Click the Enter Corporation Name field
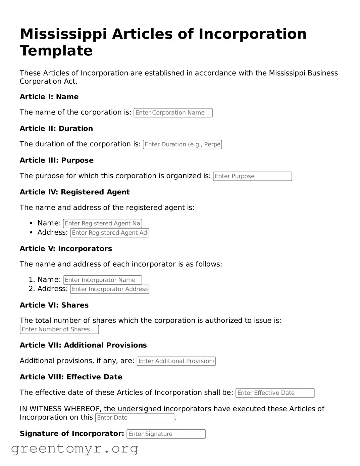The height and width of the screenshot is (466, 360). (x=173, y=113)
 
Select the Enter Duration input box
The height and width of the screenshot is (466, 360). (x=182, y=144)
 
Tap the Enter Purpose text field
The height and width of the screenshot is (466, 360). (x=252, y=176)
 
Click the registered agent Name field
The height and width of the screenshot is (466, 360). (x=102, y=223)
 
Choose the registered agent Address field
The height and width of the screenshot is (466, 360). (x=109, y=233)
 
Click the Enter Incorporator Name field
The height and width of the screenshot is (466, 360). (x=102, y=280)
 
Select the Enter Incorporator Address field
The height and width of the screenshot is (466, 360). (x=109, y=289)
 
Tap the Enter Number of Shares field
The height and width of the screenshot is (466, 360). (x=59, y=329)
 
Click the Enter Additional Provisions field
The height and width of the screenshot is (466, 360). (x=176, y=361)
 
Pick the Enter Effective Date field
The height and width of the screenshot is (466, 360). (x=275, y=393)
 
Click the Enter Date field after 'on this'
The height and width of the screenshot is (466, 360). (x=135, y=418)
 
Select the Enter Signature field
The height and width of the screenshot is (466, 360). (x=166, y=434)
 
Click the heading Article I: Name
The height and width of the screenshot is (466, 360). (x=49, y=97)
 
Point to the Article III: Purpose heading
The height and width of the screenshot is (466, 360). (x=56, y=160)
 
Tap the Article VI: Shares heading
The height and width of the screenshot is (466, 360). (x=54, y=305)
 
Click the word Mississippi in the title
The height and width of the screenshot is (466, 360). (x=63, y=34)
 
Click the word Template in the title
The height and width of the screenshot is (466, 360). (x=56, y=51)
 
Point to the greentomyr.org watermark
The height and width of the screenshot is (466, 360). (x=74, y=448)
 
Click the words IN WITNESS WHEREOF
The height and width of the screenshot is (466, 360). (x=61, y=409)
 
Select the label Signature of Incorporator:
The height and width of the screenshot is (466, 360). (x=72, y=433)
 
